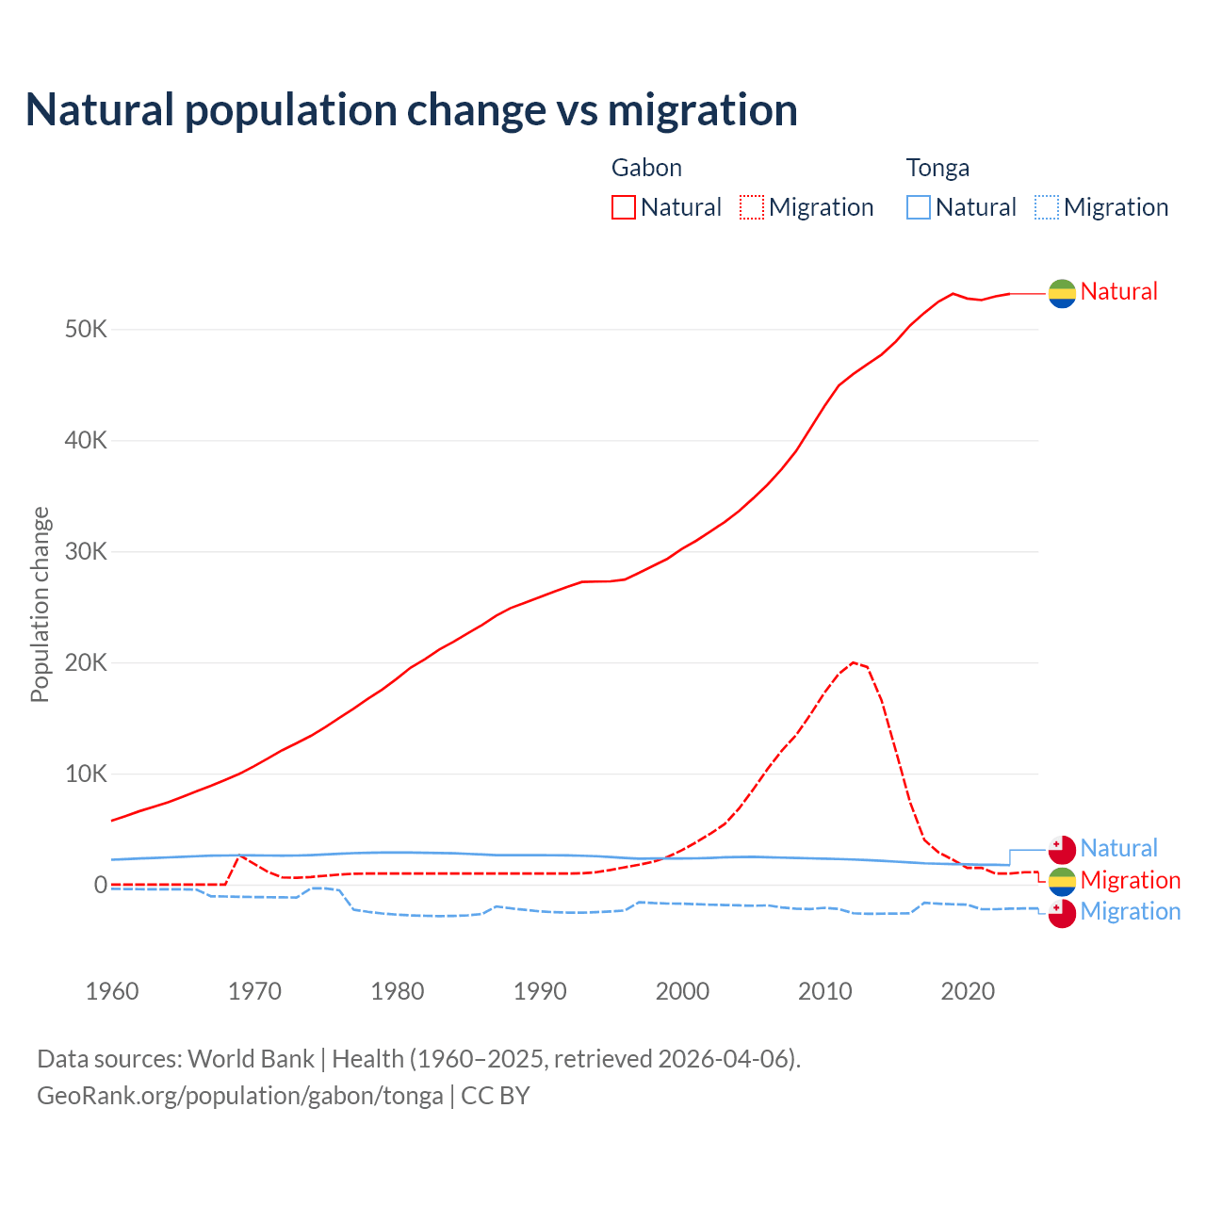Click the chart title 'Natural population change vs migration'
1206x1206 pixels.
click(x=412, y=110)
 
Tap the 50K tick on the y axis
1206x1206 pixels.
click(x=87, y=330)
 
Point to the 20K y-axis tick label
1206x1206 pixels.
click(x=87, y=663)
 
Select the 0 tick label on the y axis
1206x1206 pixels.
click(x=100, y=885)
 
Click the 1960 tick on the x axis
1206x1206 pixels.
click(x=112, y=991)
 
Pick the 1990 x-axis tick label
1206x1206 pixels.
click(x=540, y=991)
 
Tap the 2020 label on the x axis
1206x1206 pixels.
click(x=968, y=991)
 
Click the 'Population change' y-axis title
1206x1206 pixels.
click(x=40, y=604)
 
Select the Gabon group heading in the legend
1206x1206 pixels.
click(x=646, y=168)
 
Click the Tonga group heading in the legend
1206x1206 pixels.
click(x=937, y=168)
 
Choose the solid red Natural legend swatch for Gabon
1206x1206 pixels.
click(x=624, y=207)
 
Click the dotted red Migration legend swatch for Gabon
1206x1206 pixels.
click(x=752, y=207)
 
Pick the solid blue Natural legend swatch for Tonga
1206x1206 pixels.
click(x=919, y=207)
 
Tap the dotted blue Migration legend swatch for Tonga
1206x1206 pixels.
click(x=1047, y=207)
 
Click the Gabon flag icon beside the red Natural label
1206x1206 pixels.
click(x=1062, y=293)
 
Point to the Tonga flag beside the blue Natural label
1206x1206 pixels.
click(x=1062, y=849)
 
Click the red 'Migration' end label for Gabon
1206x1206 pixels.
click(x=1130, y=880)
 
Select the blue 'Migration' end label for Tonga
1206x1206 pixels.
click(x=1130, y=911)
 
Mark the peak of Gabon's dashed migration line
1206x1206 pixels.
click(x=853, y=662)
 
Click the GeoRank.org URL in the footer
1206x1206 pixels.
click(x=240, y=1096)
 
